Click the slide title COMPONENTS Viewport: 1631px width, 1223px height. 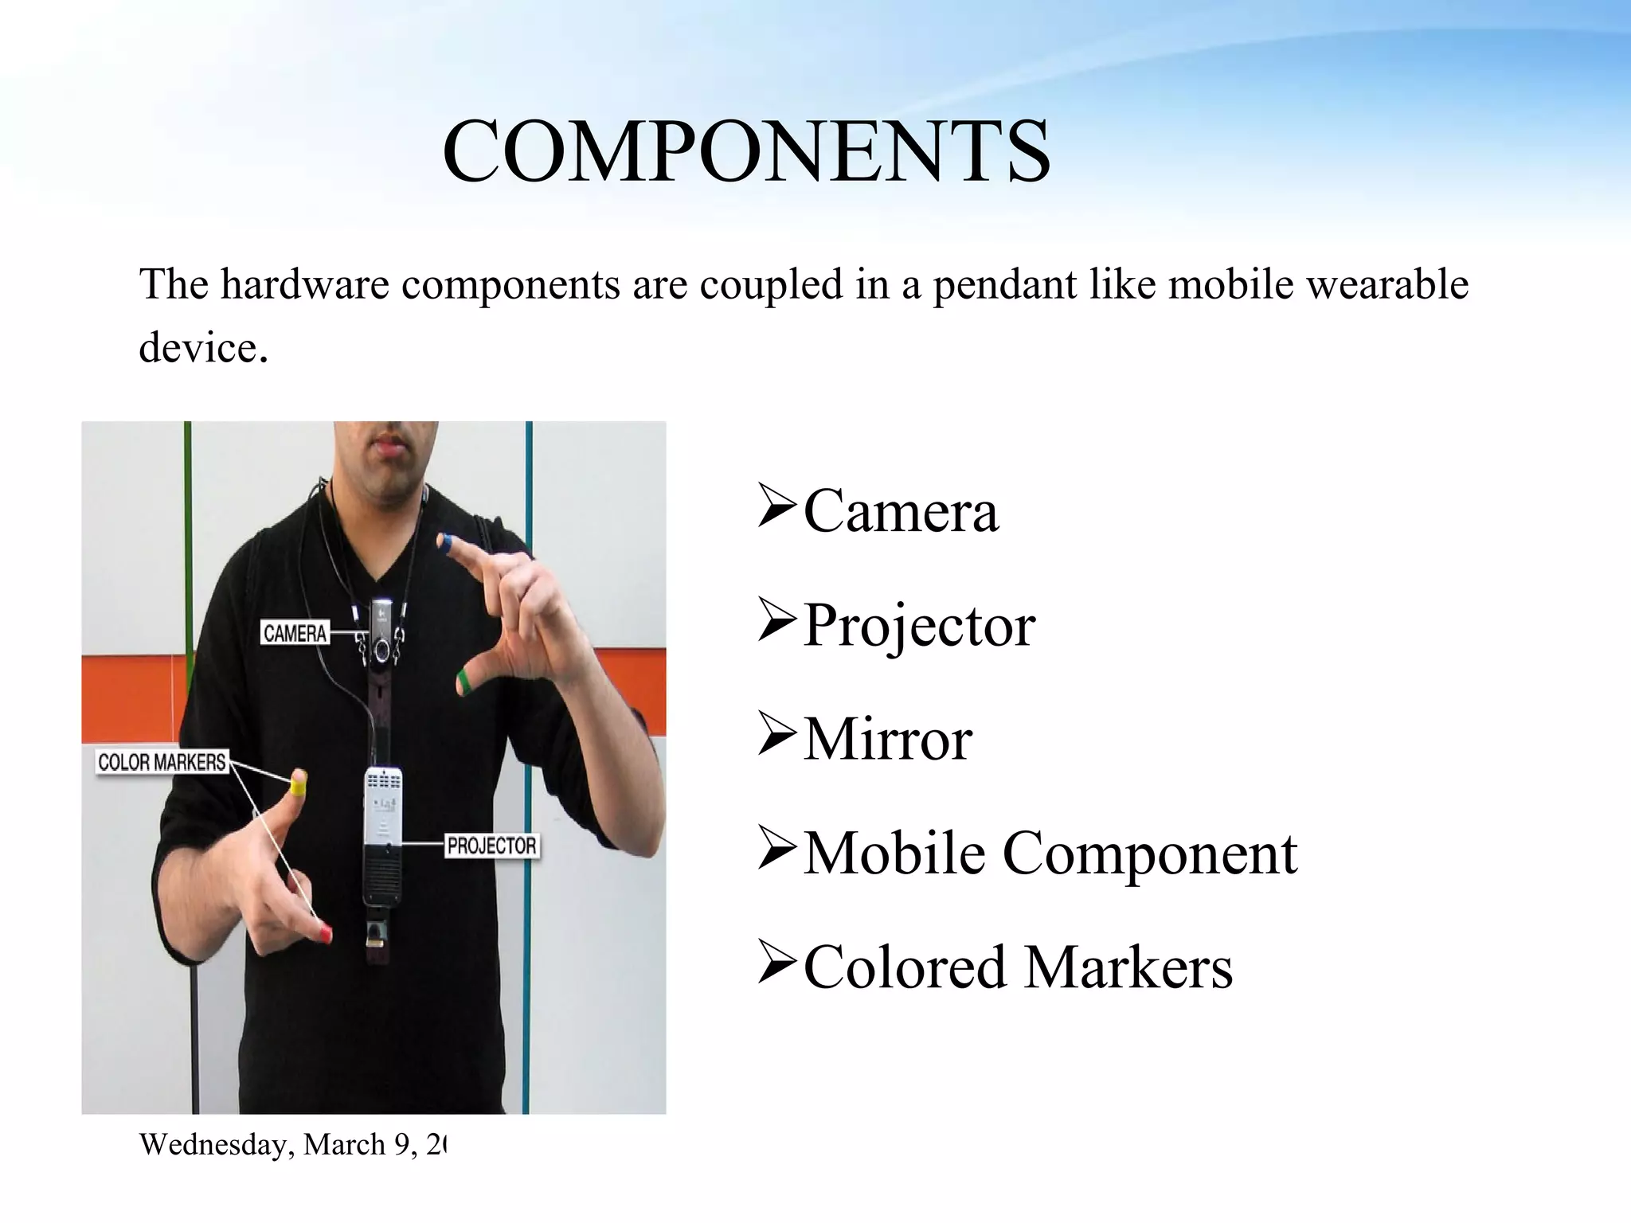tap(746, 151)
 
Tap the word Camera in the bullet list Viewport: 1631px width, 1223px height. tap(900, 511)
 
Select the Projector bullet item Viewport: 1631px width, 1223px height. tap(919, 626)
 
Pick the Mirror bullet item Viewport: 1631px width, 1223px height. tap(887, 740)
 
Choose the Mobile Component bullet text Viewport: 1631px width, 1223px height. tap(1050, 854)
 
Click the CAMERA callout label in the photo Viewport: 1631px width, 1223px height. tap(295, 633)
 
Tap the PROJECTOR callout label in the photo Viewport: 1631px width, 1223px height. tap(491, 845)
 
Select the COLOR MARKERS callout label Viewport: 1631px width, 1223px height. tap(162, 762)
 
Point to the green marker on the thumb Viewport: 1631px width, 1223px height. tap(463, 681)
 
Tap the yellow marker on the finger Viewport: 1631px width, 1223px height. tap(298, 786)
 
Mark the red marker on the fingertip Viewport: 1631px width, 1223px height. tap(326, 933)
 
